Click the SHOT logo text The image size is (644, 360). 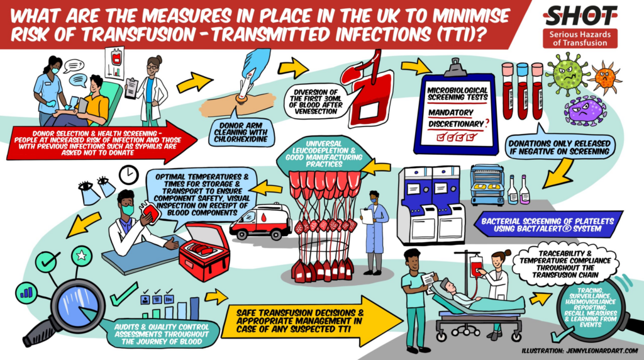[580, 16]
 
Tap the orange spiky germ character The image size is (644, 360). [605, 76]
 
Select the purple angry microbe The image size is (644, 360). [586, 110]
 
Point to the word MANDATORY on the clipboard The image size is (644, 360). [450, 112]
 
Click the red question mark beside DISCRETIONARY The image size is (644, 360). [487, 123]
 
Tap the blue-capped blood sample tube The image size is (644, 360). [522, 91]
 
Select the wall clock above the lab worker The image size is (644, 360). [129, 176]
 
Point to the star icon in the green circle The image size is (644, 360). [81, 256]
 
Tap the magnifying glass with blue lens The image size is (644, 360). [70, 308]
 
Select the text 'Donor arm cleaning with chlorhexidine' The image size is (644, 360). [241, 132]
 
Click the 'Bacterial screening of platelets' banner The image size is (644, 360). [548, 225]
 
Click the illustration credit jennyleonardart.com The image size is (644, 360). [579, 351]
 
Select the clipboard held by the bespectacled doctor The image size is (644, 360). [131, 88]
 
